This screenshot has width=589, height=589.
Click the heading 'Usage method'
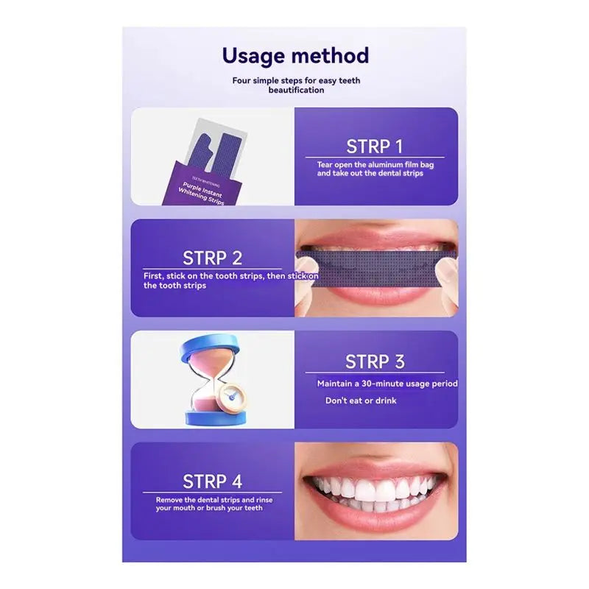click(295, 56)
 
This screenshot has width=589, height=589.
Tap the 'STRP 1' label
click(375, 146)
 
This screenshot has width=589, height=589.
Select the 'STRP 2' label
click(212, 258)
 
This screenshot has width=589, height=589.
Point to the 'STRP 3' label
click(375, 361)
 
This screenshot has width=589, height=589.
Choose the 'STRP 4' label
click(212, 482)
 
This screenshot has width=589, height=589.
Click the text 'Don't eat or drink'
click(361, 401)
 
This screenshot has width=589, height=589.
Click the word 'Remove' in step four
click(171, 500)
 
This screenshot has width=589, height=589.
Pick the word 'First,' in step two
click(155, 276)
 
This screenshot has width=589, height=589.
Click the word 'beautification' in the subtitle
click(295, 90)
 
